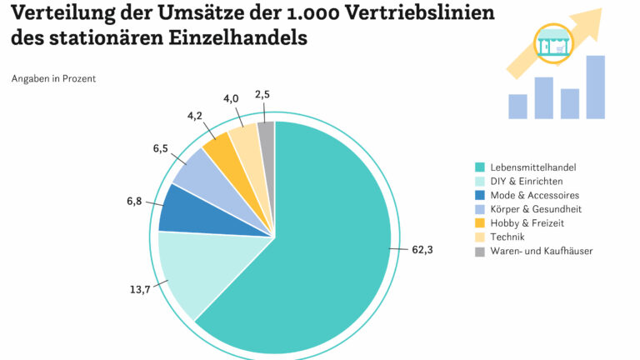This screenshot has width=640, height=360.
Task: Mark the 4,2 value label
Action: point(194,115)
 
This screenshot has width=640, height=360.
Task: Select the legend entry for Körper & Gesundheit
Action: point(536,209)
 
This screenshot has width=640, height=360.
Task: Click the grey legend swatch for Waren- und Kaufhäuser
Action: point(479,252)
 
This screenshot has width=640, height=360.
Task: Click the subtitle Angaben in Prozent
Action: point(53,78)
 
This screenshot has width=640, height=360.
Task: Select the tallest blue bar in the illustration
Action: point(595,87)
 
